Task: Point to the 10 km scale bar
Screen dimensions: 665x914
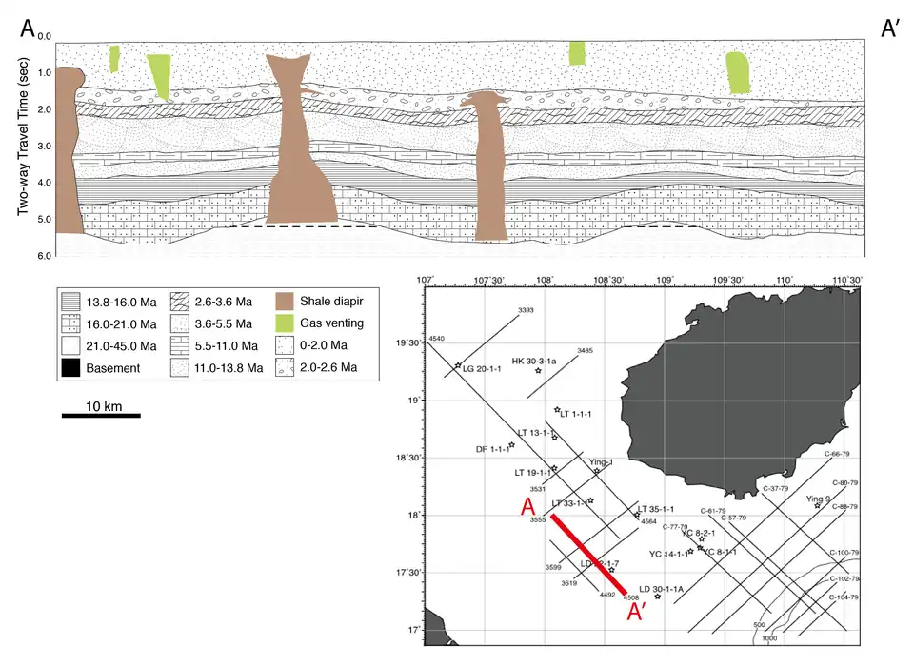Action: [102, 415]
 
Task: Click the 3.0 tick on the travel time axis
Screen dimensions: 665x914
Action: [43, 147]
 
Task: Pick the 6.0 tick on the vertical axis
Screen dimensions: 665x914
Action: [43, 257]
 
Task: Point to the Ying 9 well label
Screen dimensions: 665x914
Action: [818, 499]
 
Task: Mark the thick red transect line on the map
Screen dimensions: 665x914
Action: [587, 552]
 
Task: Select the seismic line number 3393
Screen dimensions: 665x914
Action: [526, 311]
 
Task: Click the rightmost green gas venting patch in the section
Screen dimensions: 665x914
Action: [738, 73]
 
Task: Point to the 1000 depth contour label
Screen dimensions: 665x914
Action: [770, 638]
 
